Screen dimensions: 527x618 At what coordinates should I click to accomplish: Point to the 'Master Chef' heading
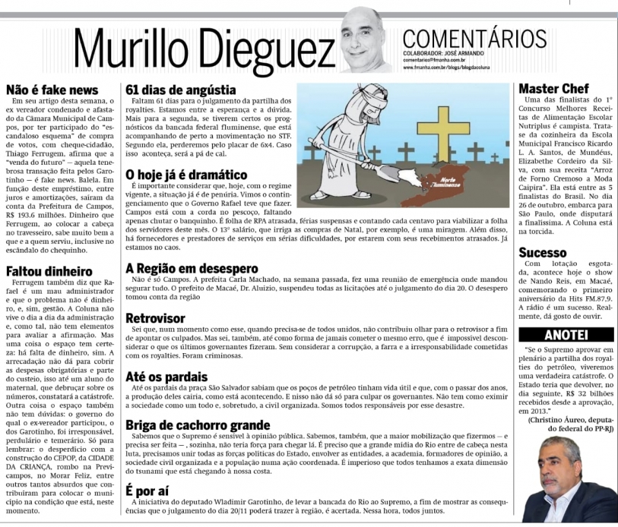[x=553, y=89]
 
